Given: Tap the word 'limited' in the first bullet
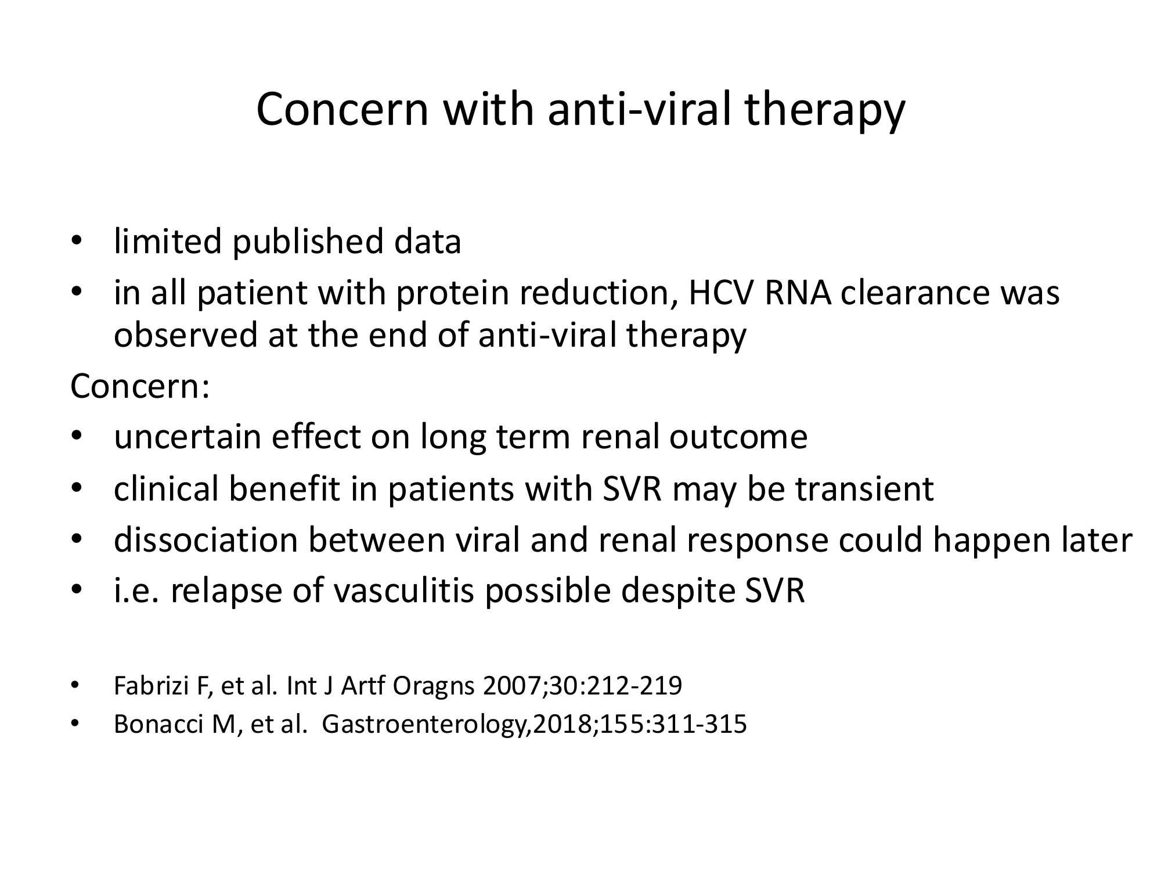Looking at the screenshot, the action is [168, 242].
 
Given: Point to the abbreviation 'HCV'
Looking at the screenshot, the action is [721, 293].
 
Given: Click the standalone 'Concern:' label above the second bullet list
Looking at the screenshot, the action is [139, 387].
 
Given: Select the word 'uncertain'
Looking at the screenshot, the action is [188, 437].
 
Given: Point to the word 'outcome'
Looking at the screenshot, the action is [738, 437].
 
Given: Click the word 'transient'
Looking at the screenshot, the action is [864, 489].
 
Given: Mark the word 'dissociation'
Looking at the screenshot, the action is [205, 540].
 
